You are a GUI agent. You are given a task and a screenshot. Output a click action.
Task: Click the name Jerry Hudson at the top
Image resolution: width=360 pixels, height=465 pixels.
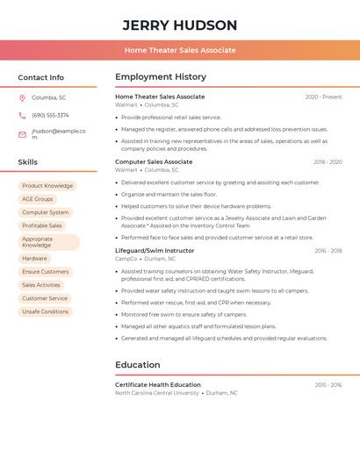(179, 25)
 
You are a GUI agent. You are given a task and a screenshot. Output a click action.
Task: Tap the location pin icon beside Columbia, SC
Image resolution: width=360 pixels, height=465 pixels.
(22, 97)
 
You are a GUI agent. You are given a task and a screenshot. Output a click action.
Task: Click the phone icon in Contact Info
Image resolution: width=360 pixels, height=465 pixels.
(22, 115)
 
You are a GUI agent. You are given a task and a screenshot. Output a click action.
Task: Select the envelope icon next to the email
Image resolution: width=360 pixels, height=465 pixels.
(22, 134)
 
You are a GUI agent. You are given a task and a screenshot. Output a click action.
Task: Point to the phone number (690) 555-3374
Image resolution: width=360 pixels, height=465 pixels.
(50, 115)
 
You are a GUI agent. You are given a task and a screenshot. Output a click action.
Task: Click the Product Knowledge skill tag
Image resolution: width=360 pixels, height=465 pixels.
(47, 186)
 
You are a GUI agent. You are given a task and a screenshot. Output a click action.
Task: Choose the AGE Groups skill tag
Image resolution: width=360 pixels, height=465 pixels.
(38, 199)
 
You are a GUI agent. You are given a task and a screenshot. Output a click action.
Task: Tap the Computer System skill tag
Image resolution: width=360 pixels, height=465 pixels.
(46, 212)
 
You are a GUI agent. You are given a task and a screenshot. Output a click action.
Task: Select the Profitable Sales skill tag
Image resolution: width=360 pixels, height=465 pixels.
(42, 225)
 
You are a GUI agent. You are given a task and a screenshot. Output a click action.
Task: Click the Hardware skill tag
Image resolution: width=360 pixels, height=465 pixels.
(35, 259)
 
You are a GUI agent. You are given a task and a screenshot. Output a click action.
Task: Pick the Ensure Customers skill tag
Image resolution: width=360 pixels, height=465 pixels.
(46, 272)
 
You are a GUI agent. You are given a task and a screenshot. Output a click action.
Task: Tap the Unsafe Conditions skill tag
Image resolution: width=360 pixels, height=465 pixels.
(46, 311)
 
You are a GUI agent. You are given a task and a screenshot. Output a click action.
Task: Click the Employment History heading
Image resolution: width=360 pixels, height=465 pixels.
(161, 77)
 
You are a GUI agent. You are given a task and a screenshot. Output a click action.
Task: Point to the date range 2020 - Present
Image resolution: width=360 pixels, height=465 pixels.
(323, 97)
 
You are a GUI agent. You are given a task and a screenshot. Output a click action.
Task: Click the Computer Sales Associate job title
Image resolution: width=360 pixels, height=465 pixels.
(154, 161)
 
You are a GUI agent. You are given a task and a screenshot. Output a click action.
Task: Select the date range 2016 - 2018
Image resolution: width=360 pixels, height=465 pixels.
(328, 251)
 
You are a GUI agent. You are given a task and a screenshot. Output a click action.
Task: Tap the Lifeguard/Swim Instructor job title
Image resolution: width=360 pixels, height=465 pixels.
(155, 251)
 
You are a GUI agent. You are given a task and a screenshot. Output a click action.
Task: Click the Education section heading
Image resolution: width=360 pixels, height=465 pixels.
(138, 365)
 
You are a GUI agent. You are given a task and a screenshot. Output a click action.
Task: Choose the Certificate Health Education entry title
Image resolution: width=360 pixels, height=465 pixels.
(158, 384)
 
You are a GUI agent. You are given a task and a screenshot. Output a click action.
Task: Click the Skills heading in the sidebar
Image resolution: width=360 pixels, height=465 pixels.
(27, 162)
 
